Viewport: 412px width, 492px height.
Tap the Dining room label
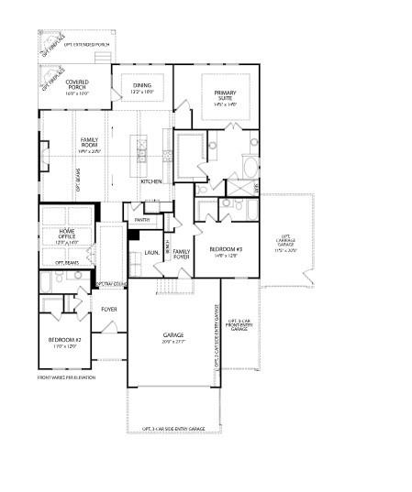(x=141, y=88)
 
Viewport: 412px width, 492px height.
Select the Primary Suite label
(x=226, y=98)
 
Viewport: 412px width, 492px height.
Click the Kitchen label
(x=151, y=181)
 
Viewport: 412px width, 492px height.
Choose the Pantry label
(x=141, y=220)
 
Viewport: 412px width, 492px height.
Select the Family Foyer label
(x=182, y=255)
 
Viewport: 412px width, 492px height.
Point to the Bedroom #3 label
(x=225, y=252)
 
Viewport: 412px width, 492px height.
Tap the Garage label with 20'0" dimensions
(x=173, y=338)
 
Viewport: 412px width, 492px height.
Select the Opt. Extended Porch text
(x=84, y=43)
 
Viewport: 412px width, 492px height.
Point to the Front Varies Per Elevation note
(x=66, y=377)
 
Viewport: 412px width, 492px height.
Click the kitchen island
(x=142, y=147)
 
